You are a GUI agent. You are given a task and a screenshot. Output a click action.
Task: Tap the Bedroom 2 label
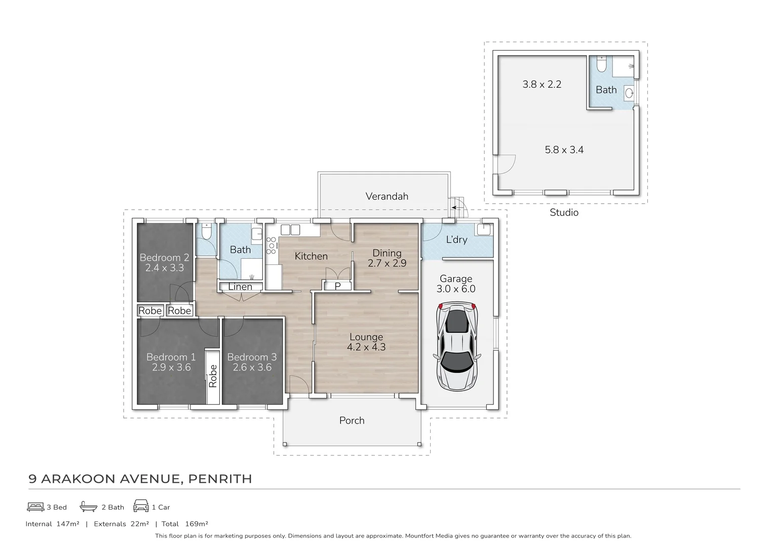pos(164,257)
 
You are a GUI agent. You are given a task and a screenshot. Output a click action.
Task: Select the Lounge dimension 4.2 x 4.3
pos(366,347)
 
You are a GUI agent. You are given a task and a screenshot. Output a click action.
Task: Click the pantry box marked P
pos(337,286)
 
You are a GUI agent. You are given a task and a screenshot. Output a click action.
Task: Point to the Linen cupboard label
pos(240,287)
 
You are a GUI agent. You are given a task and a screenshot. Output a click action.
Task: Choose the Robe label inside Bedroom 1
pos(213,376)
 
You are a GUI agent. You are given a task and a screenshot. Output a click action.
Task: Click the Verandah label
pos(387,197)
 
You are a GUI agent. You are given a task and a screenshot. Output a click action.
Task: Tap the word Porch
pos(352,420)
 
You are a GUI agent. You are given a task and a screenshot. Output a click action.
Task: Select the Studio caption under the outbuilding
pos(564,213)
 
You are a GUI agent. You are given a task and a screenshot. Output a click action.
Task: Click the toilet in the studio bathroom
pos(601,64)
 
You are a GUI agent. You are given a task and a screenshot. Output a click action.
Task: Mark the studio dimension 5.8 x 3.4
pos(564,150)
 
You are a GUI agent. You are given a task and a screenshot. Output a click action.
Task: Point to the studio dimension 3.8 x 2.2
pos(542,85)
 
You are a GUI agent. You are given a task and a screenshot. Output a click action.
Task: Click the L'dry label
pos(456,240)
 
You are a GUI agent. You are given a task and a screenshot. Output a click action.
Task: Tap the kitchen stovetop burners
pos(271,245)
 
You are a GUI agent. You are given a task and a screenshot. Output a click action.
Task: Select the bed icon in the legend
pos(35,506)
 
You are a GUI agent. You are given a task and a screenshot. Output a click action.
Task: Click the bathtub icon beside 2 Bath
pos(88,506)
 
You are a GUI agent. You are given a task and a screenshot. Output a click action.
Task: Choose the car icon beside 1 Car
pos(141,506)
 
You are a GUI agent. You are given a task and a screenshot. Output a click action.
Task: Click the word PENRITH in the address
pos(220,479)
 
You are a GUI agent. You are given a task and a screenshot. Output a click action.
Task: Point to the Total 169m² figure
pos(185,524)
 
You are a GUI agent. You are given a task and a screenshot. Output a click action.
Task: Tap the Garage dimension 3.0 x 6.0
pos(456,289)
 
